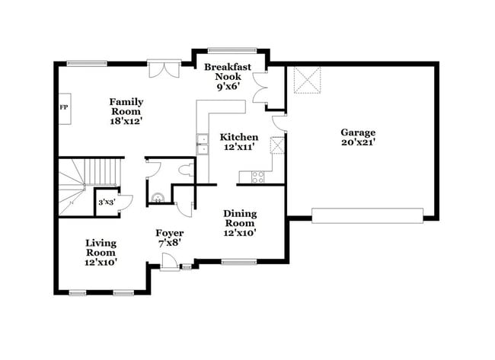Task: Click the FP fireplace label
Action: pos(64,107)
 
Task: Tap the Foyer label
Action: pos(169,233)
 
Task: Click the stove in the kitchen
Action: pos(257,177)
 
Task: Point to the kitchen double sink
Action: pos(203,144)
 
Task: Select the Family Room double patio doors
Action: pos(164,68)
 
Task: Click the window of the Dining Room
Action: pos(238,263)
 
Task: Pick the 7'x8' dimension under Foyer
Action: pos(169,243)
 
